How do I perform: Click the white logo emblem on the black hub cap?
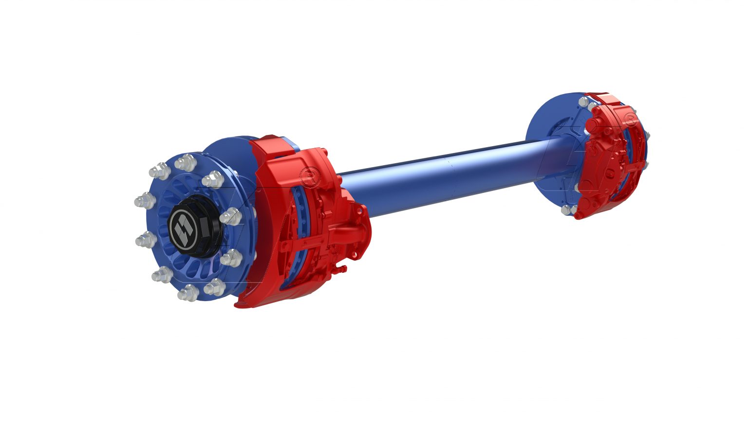pyautogui.click(x=184, y=227)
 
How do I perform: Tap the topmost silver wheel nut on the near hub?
pyautogui.click(x=186, y=162)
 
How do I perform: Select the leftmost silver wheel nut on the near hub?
pyautogui.click(x=144, y=200)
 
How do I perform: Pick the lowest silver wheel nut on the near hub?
pyautogui.click(x=188, y=293)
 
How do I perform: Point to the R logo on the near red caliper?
pyautogui.click(x=309, y=176)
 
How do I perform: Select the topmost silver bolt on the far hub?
pyautogui.click(x=583, y=102)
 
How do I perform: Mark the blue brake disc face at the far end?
pyautogui.click(x=550, y=122)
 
